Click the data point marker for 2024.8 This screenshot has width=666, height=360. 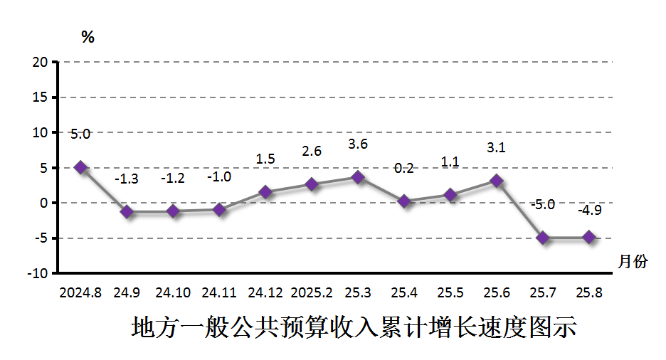80,168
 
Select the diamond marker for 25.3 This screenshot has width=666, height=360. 358,177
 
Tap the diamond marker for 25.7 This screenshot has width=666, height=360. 543,238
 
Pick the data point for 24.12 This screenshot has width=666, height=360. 265,192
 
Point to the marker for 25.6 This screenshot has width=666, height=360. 497,181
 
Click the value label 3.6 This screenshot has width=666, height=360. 358,144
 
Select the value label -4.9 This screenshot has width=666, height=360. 589,211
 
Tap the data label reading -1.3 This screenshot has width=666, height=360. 127,179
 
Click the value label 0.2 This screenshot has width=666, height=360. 403,169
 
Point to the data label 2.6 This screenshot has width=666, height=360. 312,152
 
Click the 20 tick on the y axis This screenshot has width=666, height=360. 40,62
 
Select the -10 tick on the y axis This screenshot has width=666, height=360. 37,273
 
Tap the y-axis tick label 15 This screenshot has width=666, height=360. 40,97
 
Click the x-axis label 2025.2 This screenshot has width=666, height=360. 312,292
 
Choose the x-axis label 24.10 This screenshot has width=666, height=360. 173,292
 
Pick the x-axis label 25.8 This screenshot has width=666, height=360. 589,292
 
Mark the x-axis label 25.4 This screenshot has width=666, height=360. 404,292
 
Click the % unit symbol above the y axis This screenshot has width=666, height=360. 88,38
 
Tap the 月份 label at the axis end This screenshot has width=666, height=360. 633,261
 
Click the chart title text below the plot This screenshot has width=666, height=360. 354,329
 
